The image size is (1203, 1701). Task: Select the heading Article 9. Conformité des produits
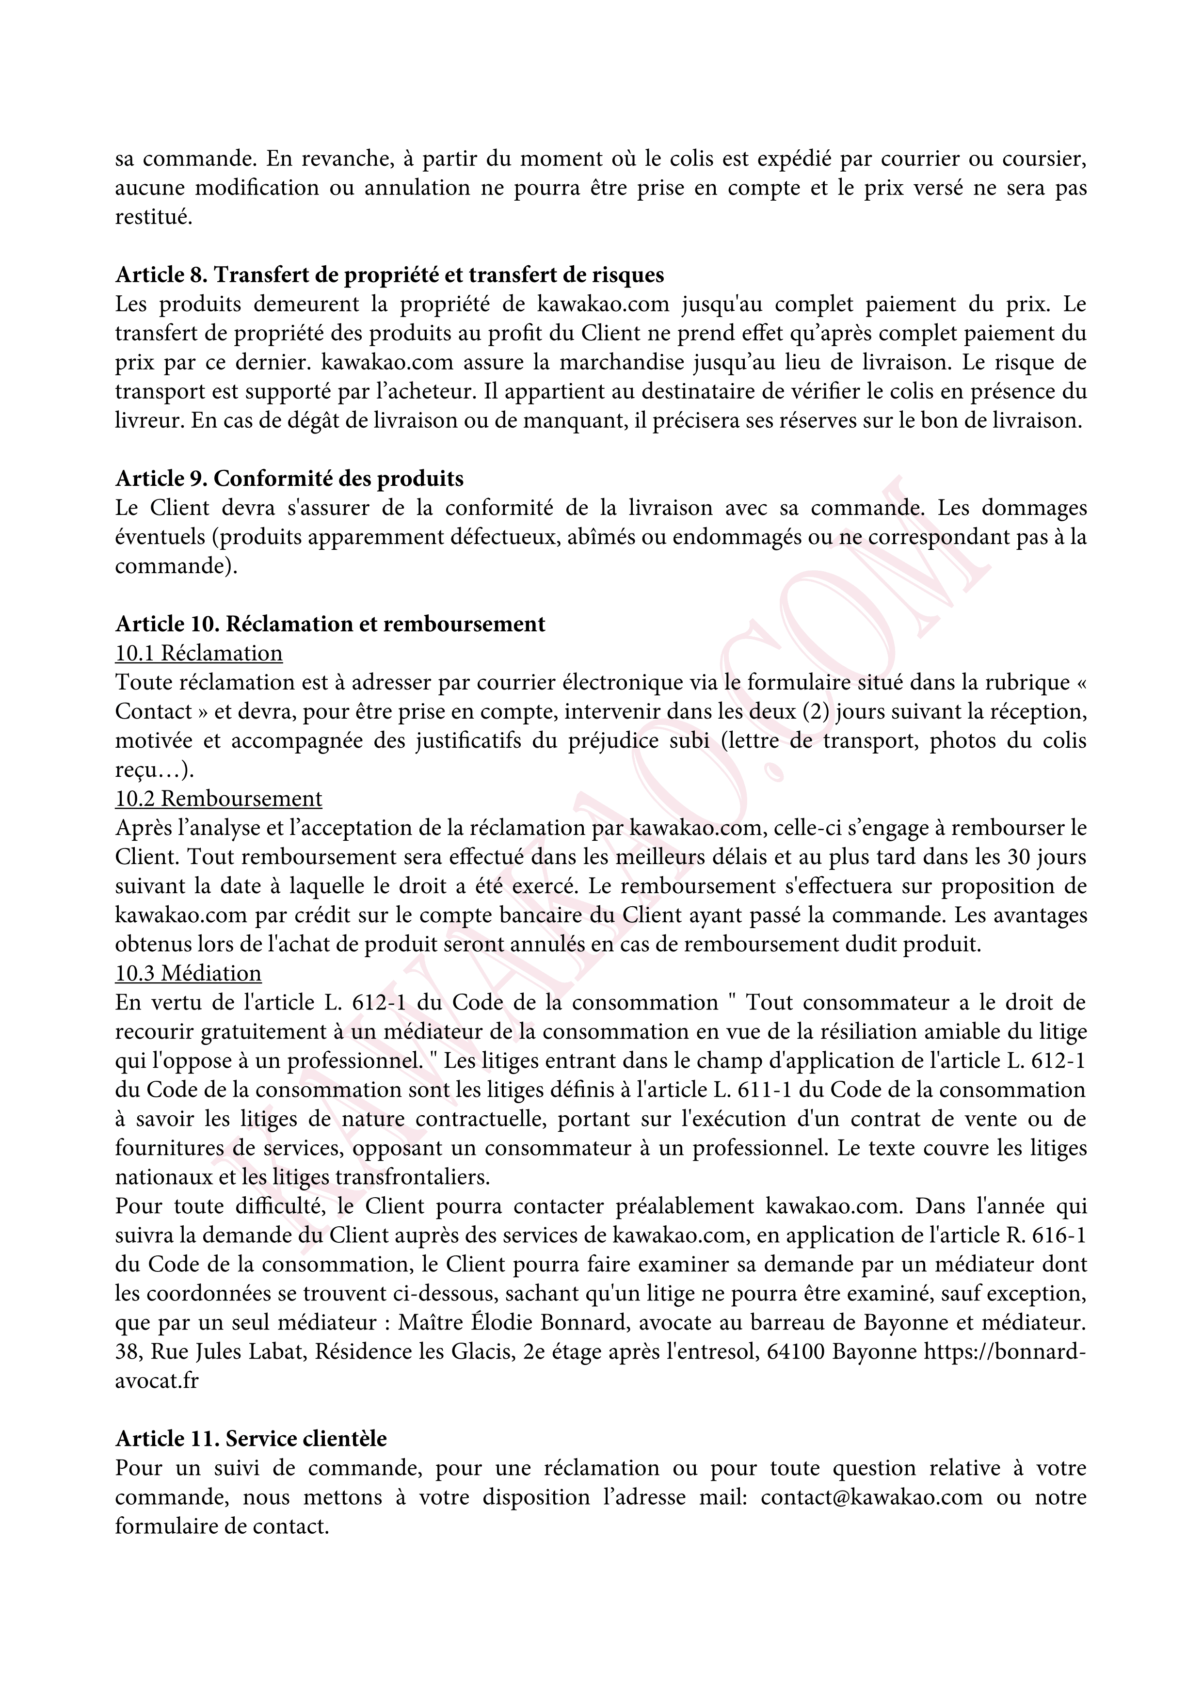point(289,479)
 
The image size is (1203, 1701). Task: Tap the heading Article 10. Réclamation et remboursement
point(330,624)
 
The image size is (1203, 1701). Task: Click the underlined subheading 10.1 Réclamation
point(198,654)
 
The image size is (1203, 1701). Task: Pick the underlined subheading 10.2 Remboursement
point(219,799)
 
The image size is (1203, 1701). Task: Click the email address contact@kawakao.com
point(871,1497)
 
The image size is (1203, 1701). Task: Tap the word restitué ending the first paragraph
point(153,217)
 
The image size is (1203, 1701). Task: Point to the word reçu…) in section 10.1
point(154,770)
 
